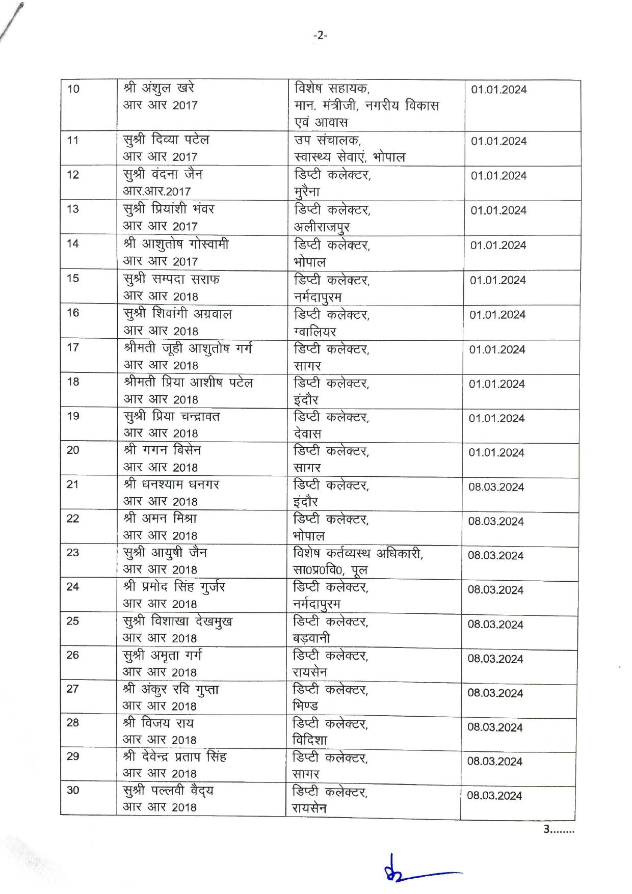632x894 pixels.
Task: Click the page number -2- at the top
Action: click(320, 35)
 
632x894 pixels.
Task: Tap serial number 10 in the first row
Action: click(73, 89)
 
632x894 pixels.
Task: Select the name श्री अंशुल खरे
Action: click(159, 88)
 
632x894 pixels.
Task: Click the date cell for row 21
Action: click(496, 487)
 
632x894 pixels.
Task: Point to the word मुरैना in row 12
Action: click(307, 192)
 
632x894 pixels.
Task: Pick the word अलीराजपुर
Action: click(322, 227)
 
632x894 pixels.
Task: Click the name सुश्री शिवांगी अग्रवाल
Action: click(177, 314)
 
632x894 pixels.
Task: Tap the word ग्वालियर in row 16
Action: click(314, 332)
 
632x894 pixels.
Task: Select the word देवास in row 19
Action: click(307, 434)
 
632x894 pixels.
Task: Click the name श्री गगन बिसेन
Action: click(162, 450)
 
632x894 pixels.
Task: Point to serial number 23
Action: click(73, 552)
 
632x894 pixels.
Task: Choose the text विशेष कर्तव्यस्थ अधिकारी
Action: click(358, 553)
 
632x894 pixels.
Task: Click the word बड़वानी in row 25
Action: click(311, 638)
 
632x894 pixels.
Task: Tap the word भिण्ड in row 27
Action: click(305, 706)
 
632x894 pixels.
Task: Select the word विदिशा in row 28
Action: click(310, 740)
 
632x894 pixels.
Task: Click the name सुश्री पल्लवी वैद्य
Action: click(168, 791)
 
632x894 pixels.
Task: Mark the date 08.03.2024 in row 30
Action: click(494, 796)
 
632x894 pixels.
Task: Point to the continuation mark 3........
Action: click(558, 829)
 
